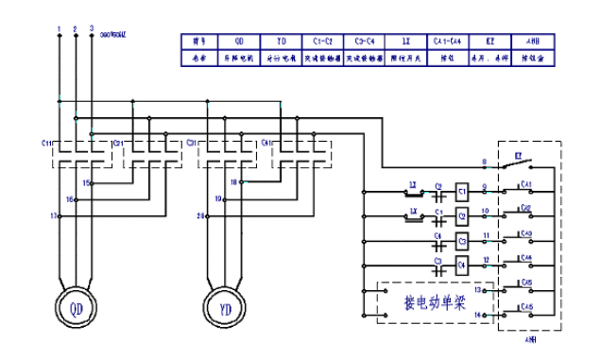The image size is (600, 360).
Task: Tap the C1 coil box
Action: (463, 189)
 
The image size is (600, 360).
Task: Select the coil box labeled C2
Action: (463, 214)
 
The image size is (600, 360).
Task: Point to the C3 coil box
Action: (463, 240)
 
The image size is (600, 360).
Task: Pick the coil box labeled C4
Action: (463, 266)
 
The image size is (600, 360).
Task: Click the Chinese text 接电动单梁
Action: (435, 303)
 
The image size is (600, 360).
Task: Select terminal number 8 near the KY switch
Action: (484, 163)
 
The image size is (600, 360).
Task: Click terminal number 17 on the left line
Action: (53, 216)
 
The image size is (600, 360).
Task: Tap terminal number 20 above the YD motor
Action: (201, 216)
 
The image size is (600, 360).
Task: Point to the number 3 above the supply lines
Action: (91, 29)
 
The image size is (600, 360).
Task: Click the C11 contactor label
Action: (46, 141)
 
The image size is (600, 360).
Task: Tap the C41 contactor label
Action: (266, 143)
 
